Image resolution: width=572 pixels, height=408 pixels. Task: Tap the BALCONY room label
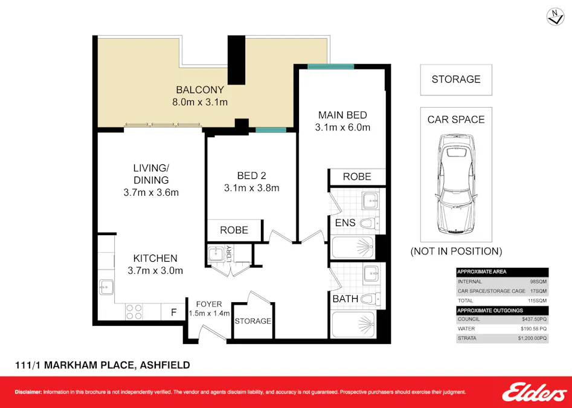(x=200, y=90)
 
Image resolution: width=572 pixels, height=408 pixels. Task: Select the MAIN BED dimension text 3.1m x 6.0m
(x=342, y=128)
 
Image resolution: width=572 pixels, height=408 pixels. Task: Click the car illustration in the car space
(x=456, y=185)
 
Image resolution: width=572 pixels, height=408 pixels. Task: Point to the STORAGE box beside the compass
(x=456, y=80)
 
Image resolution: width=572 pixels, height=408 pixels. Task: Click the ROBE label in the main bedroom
(x=357, y=177)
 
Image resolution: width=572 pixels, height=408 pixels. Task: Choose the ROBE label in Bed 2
(x=234, y=230)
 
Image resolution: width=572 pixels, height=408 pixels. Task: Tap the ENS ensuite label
(x=345, y=223)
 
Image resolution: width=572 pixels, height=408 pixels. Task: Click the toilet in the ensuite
(x=369, y=224)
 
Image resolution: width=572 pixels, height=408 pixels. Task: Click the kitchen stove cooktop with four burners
(x=133, y=311)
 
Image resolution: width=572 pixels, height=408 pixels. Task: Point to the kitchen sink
(x=106, y=287)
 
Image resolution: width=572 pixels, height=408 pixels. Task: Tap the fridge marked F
(x=174, y=312)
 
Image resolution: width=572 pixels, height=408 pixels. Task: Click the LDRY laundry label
(x=229, y=253)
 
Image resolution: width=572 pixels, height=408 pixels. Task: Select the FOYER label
(x=209, y=304)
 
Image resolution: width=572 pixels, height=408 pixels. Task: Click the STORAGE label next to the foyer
(x=252, y=321)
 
